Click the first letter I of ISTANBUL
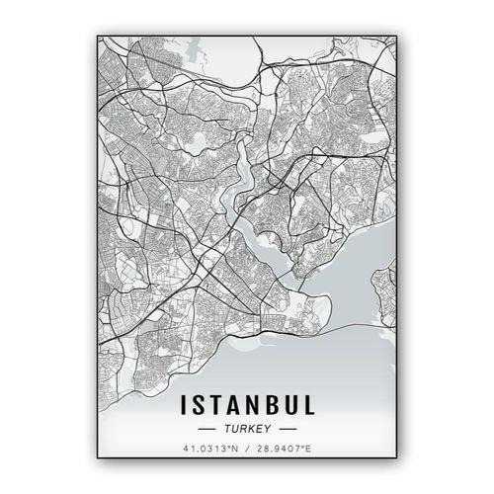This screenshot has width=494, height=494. pos(184,405)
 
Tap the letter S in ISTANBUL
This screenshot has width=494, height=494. pos(200,405)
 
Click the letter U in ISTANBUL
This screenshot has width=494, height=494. pos(294,405)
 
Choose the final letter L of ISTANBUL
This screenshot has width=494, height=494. pos(311,405)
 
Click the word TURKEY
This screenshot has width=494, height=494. pos(247,430)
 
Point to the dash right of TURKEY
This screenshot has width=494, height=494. pos(288,430)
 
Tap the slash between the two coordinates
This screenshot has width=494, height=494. pos(247,450)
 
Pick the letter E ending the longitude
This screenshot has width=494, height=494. pos(310,450)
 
